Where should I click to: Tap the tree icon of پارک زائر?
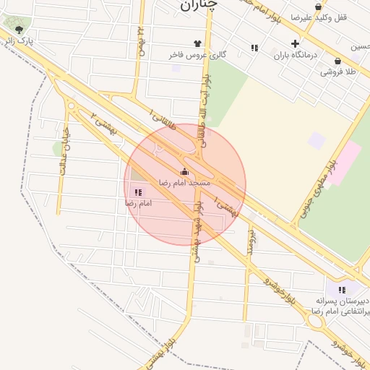19,30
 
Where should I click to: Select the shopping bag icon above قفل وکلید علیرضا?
318,6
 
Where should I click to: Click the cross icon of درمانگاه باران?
295,43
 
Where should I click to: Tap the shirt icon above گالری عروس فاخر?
197,43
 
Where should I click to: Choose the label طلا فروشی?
339,72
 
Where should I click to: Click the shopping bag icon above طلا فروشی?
338,61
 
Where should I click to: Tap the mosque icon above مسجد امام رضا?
184,172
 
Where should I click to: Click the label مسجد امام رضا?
185,183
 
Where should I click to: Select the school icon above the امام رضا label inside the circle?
137,192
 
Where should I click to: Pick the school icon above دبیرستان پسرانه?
342,290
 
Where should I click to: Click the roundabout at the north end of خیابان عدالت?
71,106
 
